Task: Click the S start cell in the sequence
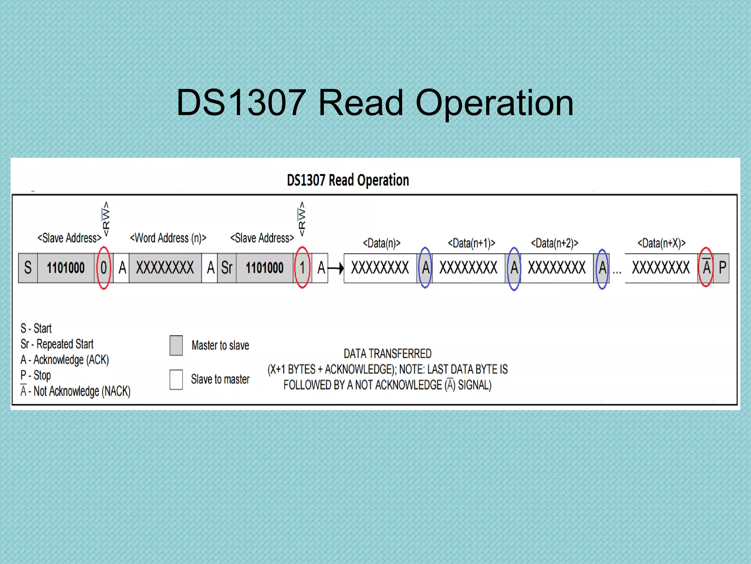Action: (x=28, y=268)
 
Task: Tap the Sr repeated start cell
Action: (x=227, y=268)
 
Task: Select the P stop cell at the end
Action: (x=722, y=268)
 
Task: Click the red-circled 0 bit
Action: (x=104, y=268)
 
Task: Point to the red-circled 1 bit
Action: (x=302, y=268)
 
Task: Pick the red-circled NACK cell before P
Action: (x=706, y=267)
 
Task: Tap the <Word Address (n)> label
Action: (x=168, y=238)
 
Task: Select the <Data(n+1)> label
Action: (x=472, y=243)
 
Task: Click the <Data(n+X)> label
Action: (x=662, y=243)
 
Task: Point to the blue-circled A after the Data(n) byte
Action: (x=425, y=268)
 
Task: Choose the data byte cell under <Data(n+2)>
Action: (x=557, y=268)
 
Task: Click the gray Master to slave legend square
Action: (x=176, y=345)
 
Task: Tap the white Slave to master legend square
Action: (x=176, y=379)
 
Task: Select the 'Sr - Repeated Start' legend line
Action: (x=57, y=344)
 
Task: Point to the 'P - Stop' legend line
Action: (x=36, y=375)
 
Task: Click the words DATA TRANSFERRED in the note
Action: (x=387, y=354)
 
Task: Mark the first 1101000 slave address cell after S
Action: (x=66, y=268)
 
